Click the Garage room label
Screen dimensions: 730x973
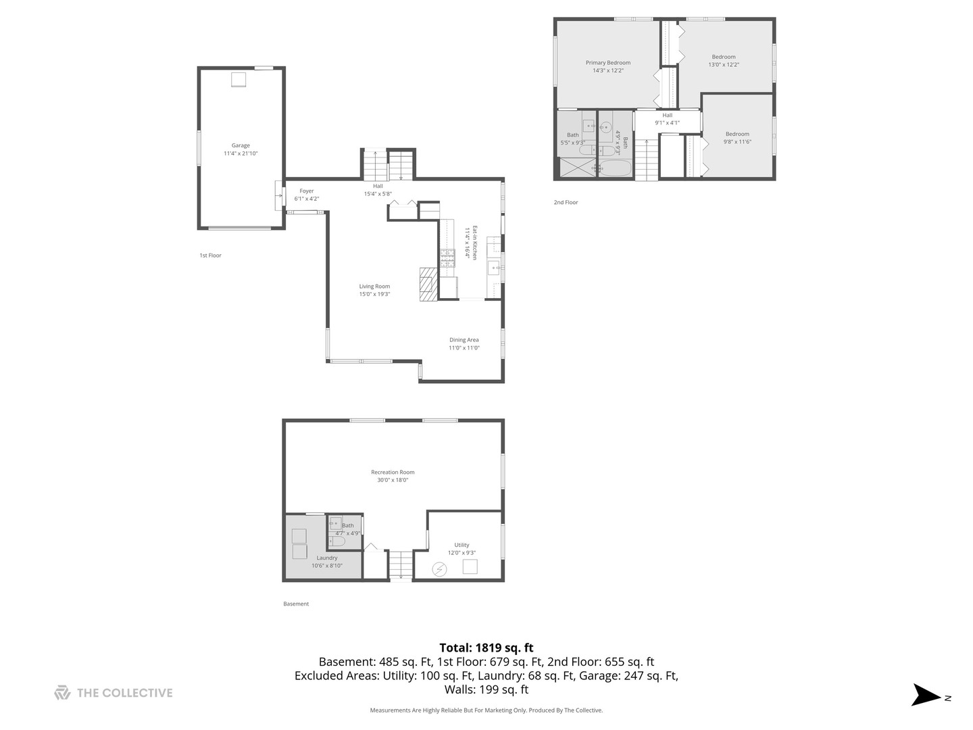[x=241, y=145]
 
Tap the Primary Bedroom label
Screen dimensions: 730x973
[x=608, y=63]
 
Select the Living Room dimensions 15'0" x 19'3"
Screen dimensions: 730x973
[x=374, y=294]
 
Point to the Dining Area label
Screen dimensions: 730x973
[x=464, y=340]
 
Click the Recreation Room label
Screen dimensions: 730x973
[x=393, y=472]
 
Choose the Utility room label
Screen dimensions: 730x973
[x=461, y=545]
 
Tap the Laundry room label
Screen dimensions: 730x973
[x=327, y=558]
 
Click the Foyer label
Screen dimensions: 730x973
[x=307, y=191]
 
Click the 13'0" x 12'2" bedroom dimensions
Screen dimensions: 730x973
[x=724, y=65]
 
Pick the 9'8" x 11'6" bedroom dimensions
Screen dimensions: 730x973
[x=737, y=142]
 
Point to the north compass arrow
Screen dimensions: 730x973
[x=926, y=695]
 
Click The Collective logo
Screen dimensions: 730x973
[x=114, y=693]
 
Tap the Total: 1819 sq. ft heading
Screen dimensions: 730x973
[x=486, y=648]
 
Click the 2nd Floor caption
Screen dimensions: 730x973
[x=566, y=202]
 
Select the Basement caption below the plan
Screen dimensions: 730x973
[x=296, y=604]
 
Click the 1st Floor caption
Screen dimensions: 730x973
[x=210, y=255]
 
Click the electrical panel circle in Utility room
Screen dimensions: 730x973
[x=439, y=569]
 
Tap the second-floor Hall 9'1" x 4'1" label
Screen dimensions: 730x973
[x=667, y=119]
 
